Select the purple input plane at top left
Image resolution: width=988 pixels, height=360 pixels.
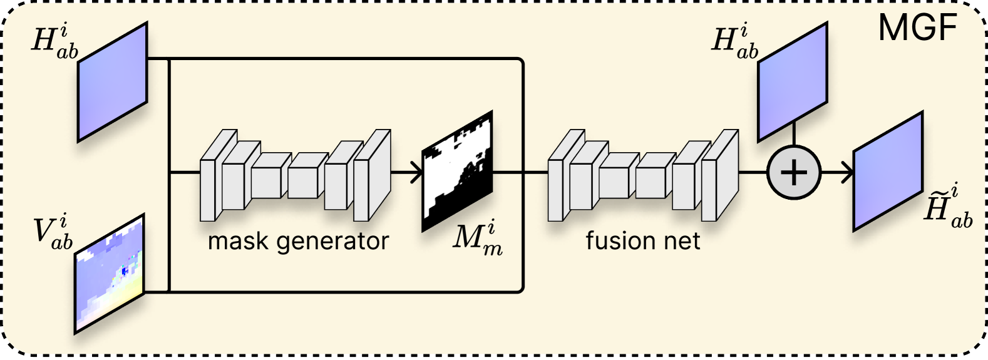pos(112,82)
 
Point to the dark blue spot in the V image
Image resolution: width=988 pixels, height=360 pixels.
pos(125,270)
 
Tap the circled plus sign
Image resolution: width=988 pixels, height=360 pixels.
pos(794,172)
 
